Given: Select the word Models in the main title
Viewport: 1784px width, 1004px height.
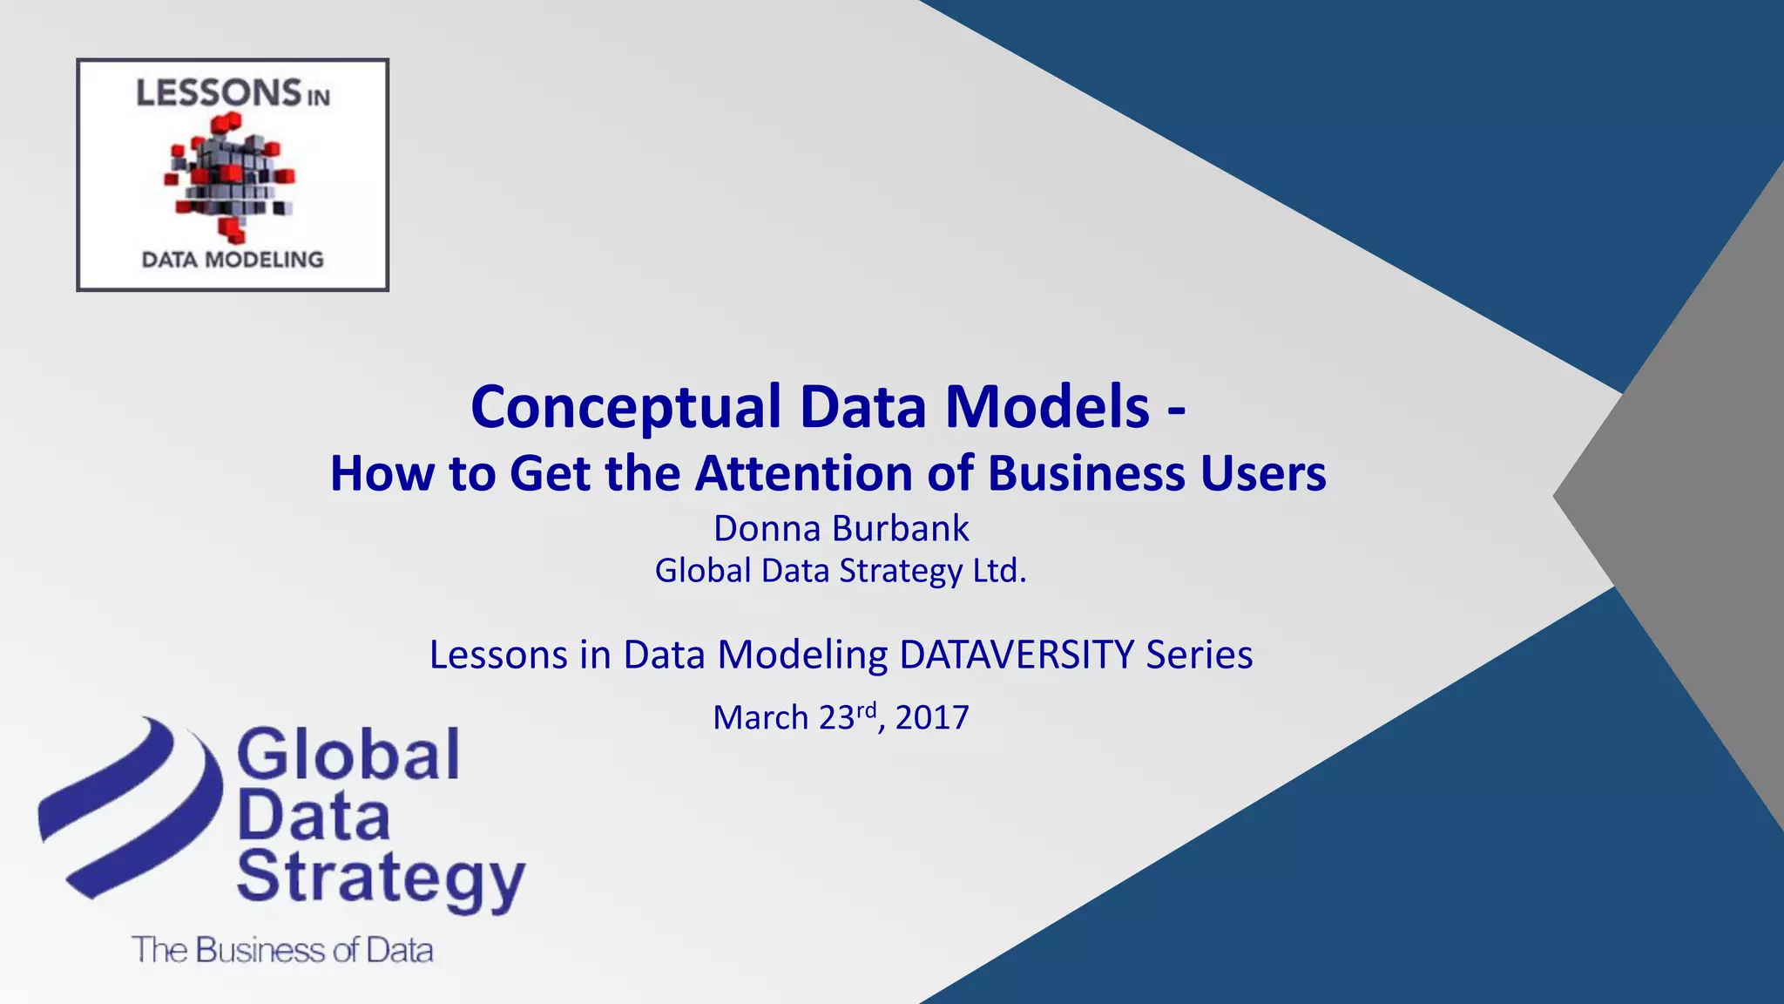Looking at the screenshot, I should click(1047, 408).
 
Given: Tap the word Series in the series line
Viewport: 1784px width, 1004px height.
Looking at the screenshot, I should click(1199, 655).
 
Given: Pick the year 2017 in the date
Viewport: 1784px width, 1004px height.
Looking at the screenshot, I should click(932, 718).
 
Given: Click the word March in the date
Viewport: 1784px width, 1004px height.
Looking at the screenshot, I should click(760, 718).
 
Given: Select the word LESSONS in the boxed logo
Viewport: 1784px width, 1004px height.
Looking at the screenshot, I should click(219, 93).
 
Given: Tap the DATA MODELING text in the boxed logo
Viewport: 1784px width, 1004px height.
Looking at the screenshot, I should click(233, 260).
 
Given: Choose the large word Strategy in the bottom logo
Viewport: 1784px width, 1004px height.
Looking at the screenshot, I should click(381, 878).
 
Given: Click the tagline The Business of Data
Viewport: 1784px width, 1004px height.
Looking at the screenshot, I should click(282, 950).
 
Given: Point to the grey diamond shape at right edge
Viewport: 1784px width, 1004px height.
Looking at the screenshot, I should click(1681, 497).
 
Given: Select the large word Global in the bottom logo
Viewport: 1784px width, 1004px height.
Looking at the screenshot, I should click(348, 755).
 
